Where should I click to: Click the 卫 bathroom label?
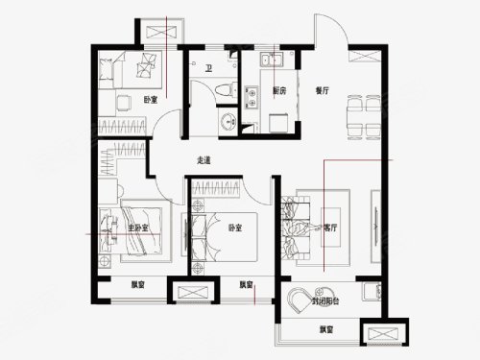tap(209, 68)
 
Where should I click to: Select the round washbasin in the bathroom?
tap(228, 121)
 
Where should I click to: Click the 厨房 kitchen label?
tap(279, 91)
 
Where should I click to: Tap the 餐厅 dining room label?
tap(322, 91)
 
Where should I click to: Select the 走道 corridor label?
tap(203, 159)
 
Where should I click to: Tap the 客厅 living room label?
tap(331, 228)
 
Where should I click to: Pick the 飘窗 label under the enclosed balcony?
tap(326, 330)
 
